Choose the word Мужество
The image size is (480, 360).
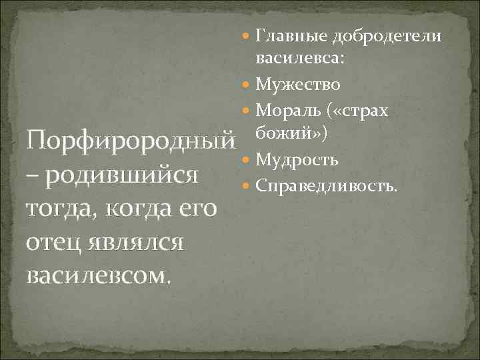point(298,85)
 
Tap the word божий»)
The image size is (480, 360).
point(289,135)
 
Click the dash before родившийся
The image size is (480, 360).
point(30,176)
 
